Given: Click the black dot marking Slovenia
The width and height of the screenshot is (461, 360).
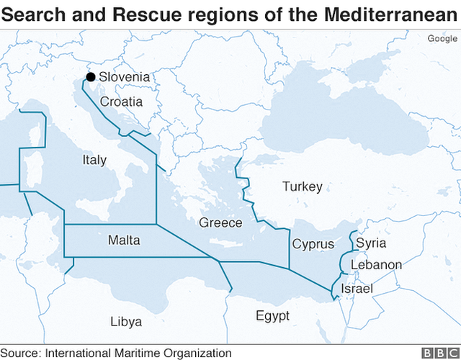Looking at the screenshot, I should click(x=90, y=77).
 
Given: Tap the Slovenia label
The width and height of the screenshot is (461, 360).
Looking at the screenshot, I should click(x=125, y=77).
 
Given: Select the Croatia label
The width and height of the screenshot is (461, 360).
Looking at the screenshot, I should click(x=121, y=102).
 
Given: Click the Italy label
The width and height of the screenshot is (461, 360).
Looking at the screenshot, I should click(x=94, y=160).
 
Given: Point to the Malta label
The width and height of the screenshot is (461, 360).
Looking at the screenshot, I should click(x=124, y=240).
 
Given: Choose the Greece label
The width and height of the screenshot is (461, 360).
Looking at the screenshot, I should click(x=220, y=222).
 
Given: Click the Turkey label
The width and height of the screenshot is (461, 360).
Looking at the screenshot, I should click(x=302, y=186).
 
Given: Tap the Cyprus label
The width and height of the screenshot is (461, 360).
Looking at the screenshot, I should click(x=313, y=244).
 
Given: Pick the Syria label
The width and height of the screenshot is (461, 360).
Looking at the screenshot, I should click(x=371, y=243).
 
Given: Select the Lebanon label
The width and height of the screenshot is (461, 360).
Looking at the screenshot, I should click(x=376, y=265).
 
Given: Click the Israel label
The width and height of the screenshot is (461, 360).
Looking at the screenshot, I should click(x=357, y=289).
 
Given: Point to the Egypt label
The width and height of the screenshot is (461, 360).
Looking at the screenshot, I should click(x=272, y=316).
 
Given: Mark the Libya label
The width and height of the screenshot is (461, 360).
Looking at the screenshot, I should click(x=126, y=321).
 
